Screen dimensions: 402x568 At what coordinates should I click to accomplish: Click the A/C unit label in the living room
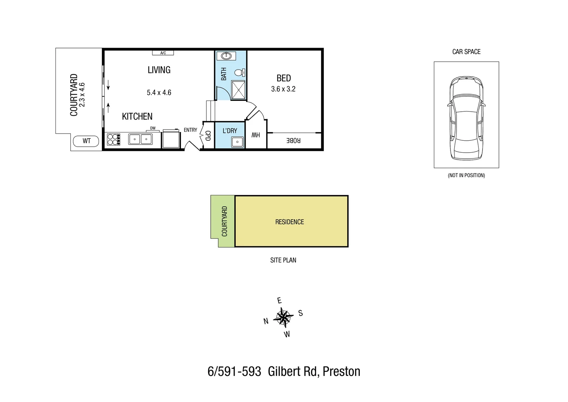pos(163,53)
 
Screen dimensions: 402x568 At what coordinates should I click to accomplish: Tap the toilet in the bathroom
pos(239,72)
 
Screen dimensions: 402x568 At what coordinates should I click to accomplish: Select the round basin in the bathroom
pos(226,56)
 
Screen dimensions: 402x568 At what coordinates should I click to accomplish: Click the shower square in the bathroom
pos(239,90)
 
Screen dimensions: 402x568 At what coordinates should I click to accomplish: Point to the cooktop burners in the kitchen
pos(113,139)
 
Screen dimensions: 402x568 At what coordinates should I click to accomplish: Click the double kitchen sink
pos(140,139)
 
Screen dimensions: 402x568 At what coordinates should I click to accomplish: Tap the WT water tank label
pos(86,141)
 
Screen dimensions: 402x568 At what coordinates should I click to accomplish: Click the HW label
pos(256,135)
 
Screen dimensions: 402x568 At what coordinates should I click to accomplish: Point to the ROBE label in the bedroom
pos(293,140)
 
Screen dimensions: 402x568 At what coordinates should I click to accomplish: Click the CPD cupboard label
pos(208,135)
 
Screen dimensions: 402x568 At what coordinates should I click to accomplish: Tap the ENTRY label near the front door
pos(190,130)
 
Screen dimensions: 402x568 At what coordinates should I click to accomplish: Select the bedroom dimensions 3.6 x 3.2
pos(283,89)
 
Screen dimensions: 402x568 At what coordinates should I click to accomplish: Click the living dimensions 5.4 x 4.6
pos(159,93)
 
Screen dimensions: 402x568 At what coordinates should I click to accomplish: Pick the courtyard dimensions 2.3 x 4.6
pos(83,95)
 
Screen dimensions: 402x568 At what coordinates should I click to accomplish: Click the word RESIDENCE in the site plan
pos(290,222)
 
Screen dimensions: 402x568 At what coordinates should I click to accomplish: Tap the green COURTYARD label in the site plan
pos(224,221)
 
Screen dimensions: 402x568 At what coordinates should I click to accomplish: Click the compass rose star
pos(283,317)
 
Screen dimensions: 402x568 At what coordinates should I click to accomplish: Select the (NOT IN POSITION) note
pos(466,175)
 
